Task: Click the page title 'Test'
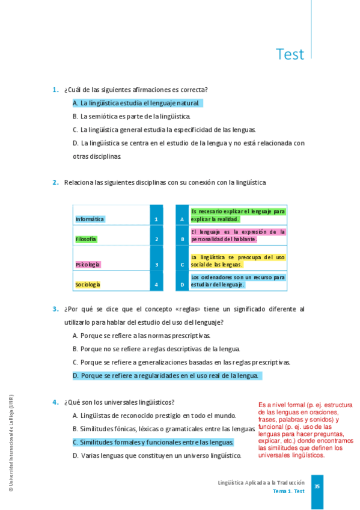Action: tap(290, 54)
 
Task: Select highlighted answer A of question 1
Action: tap(137, 103)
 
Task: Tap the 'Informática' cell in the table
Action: tap(90, 219)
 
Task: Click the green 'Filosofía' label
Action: tap(86, 239)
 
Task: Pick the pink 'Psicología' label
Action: tap(88, 265)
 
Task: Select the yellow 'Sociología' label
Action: tap(88, 284)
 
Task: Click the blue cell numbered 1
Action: tap(156, 220)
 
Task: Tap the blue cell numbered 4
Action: tap(156, 284)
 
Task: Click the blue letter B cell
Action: tap(182, 239)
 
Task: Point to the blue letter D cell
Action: tap(182, 284)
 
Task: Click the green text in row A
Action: tap(237, 215)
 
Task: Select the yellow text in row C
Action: tap(237, 260)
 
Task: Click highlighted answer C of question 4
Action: tap(153, 443)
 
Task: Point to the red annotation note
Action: tap(306, 430)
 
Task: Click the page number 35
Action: tap(317, 486)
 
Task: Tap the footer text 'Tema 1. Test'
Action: tap(288, 491)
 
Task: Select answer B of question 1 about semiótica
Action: tap(131, 117)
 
